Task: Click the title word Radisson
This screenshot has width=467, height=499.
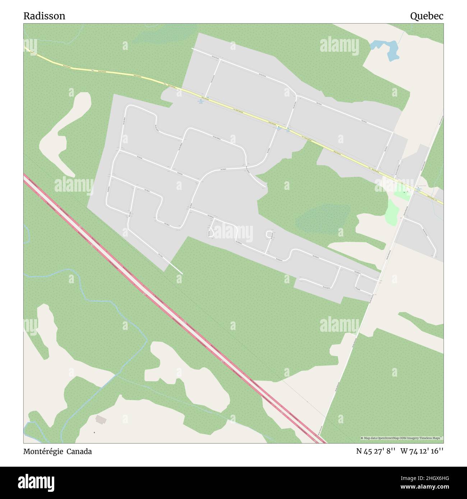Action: (44, 16)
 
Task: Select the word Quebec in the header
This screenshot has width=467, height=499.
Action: (426, 16)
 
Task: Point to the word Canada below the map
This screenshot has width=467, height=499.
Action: (81, 452)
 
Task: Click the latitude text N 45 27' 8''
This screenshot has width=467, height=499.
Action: (376, 452)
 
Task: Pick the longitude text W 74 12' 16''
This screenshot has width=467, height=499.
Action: (422, 452)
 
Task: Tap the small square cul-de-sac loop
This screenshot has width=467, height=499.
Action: (269, 234)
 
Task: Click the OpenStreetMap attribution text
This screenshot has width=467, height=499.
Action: (402, 438)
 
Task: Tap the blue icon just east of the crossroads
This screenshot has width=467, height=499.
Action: (418, 188)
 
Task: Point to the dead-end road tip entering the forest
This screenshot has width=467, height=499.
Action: (182, 274)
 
